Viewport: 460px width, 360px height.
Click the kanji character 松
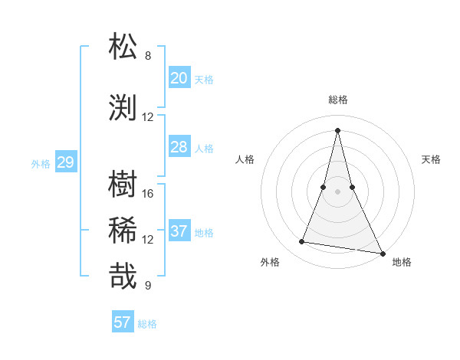[x=123, y=47]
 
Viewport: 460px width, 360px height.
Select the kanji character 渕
[x=123, y=108]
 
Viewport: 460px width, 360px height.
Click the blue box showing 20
[x=179, y=78]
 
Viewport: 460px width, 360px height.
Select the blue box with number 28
[x=179, y=147]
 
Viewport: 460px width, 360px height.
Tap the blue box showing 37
[x=179, y=231]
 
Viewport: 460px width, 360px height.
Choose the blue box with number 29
[x=65, y=162]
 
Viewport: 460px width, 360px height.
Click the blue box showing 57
[x=123, y=322]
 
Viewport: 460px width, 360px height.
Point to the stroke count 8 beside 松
[x=148, y=56]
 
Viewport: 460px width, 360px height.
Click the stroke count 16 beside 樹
[x=148, y=193]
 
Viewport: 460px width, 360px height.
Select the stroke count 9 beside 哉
[x=148, y=286]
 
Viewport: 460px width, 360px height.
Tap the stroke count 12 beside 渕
[x=148, y=117]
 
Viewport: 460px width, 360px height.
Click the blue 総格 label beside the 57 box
[x=147, y=324]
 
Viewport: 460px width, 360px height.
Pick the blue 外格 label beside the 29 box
[x=41, y=163]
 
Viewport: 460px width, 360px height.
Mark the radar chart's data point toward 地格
[x=382, y=254]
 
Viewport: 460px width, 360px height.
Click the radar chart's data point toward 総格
[x=337, y=129]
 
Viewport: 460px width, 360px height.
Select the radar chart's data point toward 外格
[x=302, y=242]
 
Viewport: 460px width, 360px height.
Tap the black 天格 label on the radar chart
[x=431, y=159]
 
